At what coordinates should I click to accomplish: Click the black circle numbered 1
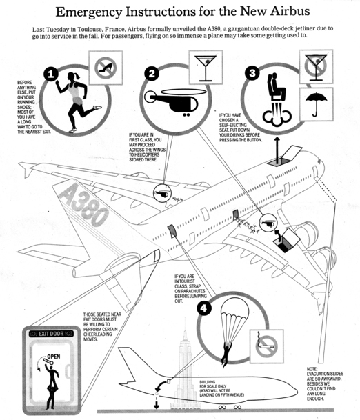(51, 74)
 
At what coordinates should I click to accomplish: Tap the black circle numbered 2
(152, 74)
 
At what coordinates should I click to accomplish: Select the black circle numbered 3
(252, 73)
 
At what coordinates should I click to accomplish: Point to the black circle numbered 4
(203, 308)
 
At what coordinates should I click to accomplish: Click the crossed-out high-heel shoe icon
(106, 68)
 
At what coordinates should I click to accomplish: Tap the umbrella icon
(317, 104)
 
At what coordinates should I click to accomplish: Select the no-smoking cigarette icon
(266, 347)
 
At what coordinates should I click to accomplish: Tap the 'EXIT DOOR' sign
(51, 334)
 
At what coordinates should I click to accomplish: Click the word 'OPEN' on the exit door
(54, 357)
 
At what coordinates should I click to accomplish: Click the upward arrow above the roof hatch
(277, 150)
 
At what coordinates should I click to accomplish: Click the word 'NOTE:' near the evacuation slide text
(312, 369)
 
